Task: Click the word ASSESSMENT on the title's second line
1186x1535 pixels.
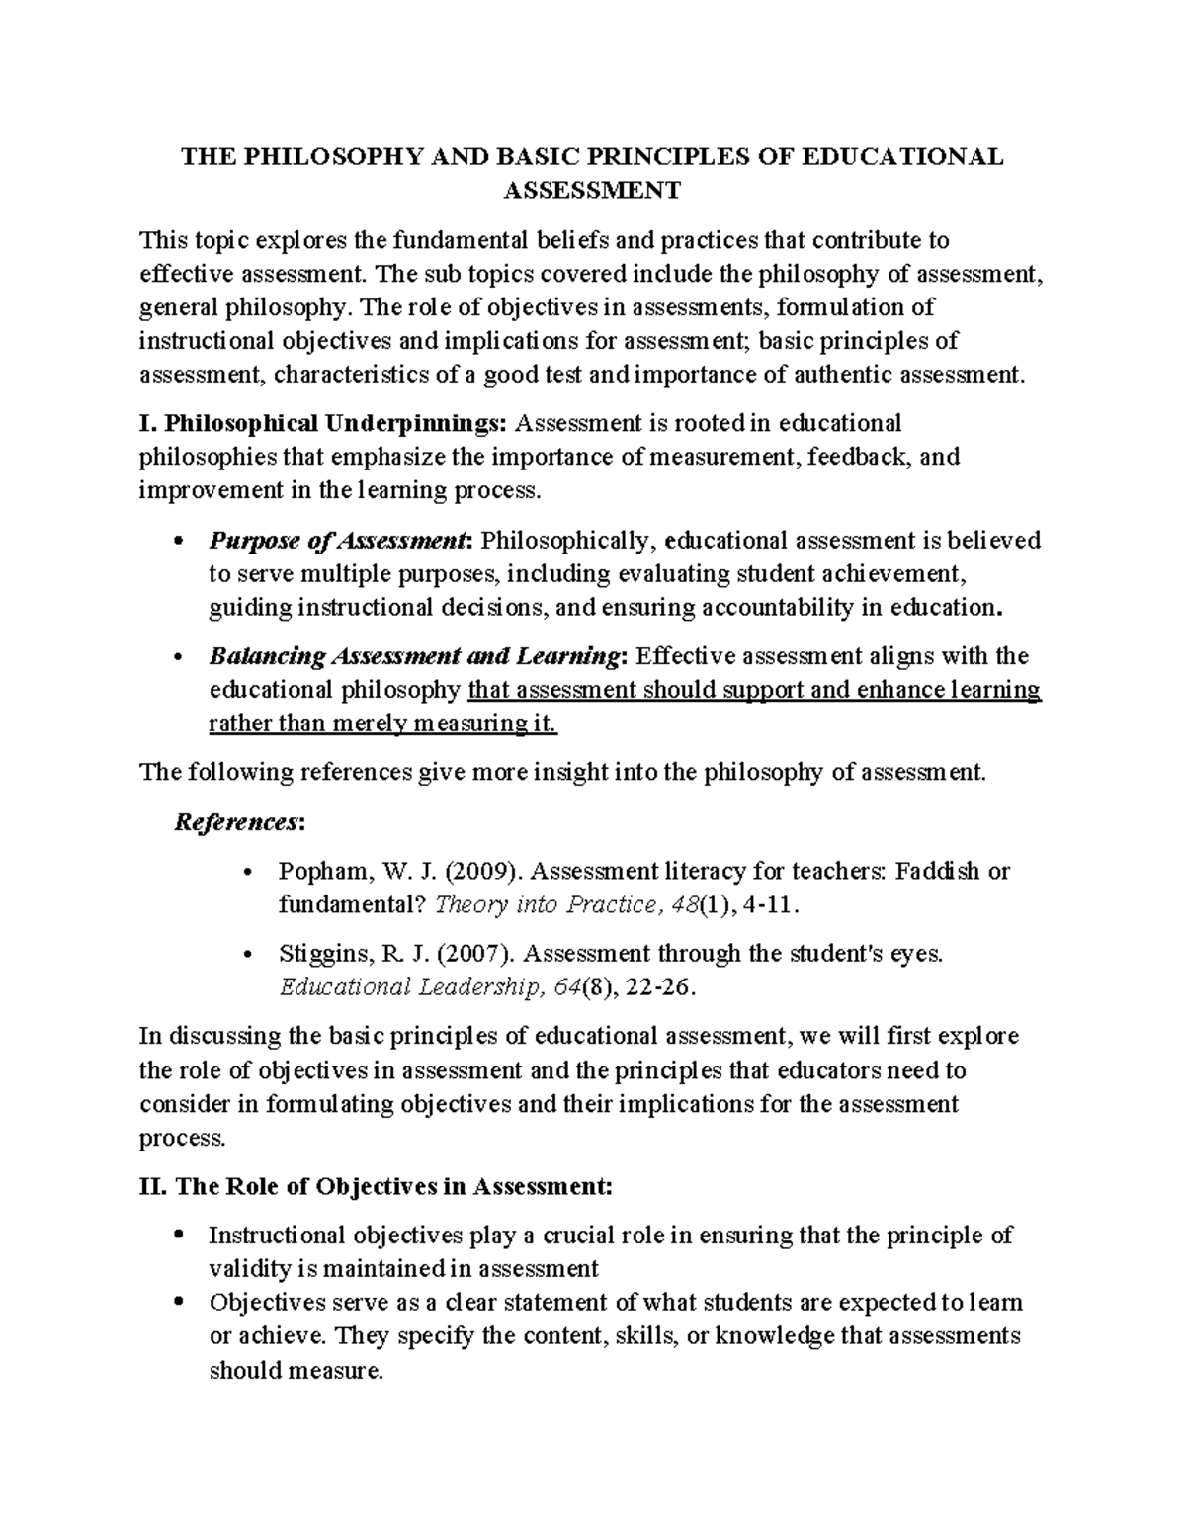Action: (x=592, y=190)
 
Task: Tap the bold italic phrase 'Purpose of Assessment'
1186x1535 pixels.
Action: (x=337, y=541)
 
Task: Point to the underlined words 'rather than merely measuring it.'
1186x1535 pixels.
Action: (x=383, y=724)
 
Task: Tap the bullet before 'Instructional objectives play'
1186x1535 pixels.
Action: (x=178, y=1235)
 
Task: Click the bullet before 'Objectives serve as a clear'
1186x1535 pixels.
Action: (x=178, y=1303)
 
